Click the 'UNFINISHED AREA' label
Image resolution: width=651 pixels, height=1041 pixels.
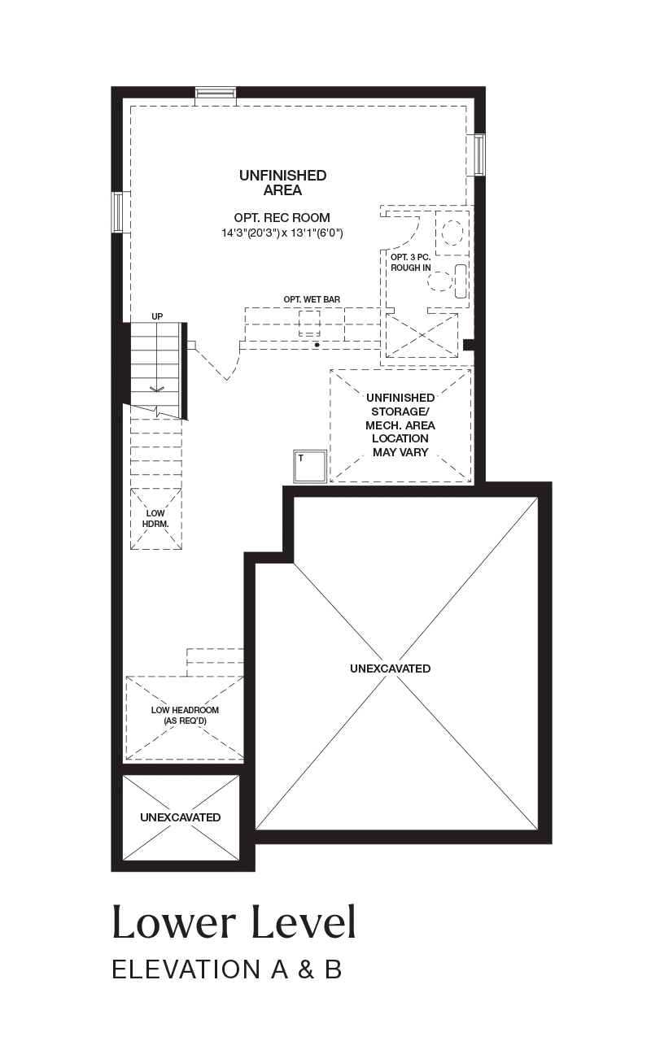coord(282,183)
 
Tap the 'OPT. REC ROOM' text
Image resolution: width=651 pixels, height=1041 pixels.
coord(282,217)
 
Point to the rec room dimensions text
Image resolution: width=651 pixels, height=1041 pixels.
coord(282,233)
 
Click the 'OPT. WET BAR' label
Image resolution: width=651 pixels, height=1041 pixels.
coord(312,300)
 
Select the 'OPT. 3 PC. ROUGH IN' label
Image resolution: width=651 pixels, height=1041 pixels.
coord(411,263)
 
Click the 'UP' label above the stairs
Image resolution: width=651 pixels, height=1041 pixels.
coord(157,316)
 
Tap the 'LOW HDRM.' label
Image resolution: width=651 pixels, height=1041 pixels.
coord(155,519)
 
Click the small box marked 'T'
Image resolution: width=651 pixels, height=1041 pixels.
coord(310,466)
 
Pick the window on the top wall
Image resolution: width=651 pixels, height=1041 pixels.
coord(216,94)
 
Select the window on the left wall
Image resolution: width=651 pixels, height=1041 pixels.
coord(119,212)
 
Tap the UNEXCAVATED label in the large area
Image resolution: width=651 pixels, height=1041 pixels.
coord(390,669)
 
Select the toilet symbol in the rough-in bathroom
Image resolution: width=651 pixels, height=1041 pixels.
coord(445,281)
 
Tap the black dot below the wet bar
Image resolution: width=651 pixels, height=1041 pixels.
coord(317,345)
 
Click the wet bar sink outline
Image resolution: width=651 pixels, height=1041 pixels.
coord(309,324)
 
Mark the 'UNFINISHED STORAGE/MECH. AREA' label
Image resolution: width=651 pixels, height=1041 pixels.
coord(400,425)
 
